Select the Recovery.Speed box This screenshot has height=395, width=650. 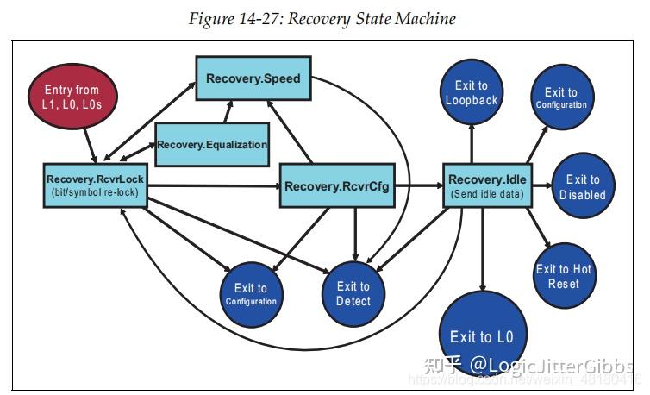(253, 79)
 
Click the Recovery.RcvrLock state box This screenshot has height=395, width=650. (94, 185)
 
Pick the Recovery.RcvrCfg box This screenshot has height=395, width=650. (338, 185)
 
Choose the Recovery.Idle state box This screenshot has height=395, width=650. (487, 185)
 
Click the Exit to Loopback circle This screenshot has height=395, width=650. (472, 93)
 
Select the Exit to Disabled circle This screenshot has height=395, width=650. (583, 187)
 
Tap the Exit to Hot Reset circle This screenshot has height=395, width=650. (564, 276)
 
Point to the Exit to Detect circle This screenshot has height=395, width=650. (353, 293)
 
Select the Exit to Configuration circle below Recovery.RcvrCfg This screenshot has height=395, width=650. (250, 294)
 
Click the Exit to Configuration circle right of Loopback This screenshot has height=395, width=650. (560, 97)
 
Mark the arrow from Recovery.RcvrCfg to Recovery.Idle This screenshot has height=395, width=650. (419, 185)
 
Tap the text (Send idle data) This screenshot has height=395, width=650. (487, 194)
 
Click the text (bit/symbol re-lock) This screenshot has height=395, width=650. (94, 193)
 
